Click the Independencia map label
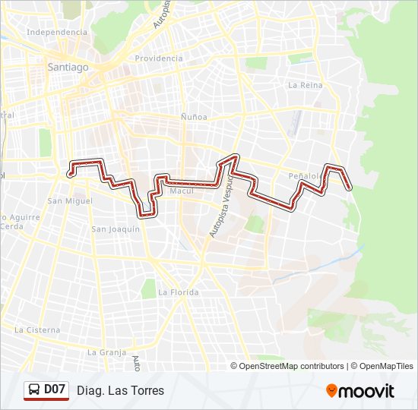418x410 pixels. click(x=57, y=33)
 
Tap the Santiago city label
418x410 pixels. click(x=68, y=67)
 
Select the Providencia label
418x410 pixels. click(x=160, y=58)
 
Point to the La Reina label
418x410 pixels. click(x=306, y=86)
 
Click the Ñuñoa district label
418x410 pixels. click(x=194, y=117)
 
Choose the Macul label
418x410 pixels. click(x=182, y=191)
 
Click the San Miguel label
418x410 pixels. click(x=70, y=201)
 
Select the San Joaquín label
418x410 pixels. click(x=116, y=229)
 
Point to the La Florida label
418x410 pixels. click(x=178, y=292)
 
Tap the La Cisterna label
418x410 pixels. click(x=37, y=330)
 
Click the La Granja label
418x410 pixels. click(x=106, y=352)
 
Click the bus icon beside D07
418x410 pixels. click(x=34, y=390)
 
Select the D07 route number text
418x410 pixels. click(x=55, y=390)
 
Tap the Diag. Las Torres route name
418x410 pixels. click(x=120, y=391)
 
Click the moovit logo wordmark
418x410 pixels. click(x=367, y=391)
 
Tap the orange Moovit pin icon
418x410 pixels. click(x=332, y=390)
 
